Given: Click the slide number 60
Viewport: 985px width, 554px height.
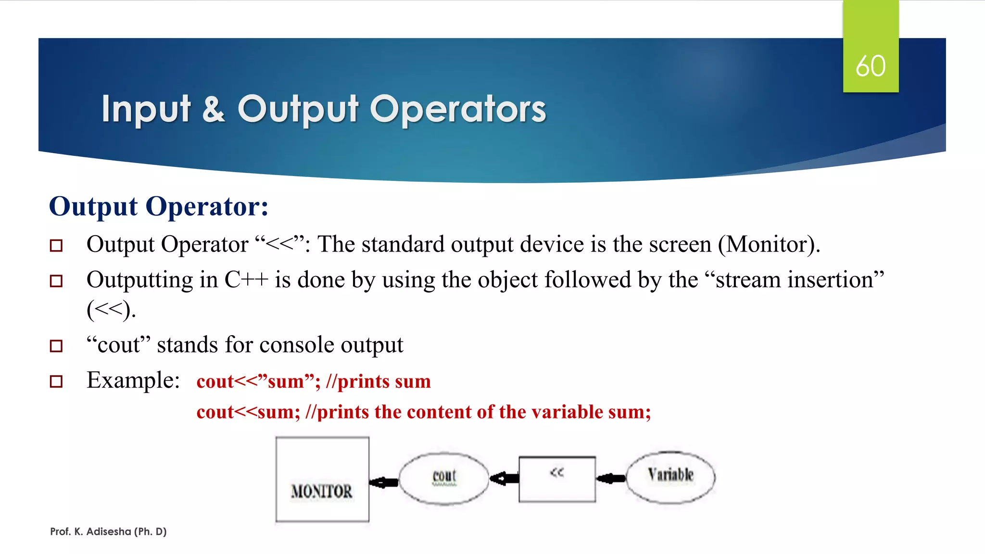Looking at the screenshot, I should click(870, 66).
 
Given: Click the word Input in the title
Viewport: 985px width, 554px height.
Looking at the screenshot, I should click(146, 109).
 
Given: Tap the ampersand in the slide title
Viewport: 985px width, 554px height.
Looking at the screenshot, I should click(213, 109).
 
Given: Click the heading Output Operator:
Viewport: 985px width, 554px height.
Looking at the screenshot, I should click(159, 206).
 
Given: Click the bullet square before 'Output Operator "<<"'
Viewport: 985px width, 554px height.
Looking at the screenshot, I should click(56, 246).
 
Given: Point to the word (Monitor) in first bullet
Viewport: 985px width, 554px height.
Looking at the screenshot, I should click(768, 244).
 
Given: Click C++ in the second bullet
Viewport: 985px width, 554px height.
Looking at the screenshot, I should click(246, 280).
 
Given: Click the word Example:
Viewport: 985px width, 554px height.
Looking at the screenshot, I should click(133, 380).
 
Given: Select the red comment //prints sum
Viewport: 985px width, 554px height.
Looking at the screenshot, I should click(378, 381).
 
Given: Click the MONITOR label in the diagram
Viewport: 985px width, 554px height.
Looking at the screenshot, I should click(321, 491).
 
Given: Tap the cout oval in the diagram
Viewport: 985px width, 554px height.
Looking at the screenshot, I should click(444, 478).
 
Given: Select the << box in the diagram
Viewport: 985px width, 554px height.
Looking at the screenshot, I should click(557, 479).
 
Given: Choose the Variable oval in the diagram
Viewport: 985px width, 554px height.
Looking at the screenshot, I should click(670, 477).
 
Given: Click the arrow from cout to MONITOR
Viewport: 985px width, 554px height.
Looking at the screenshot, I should click(384, 482).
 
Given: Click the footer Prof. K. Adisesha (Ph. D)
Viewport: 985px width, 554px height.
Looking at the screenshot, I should click(108, 531).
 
